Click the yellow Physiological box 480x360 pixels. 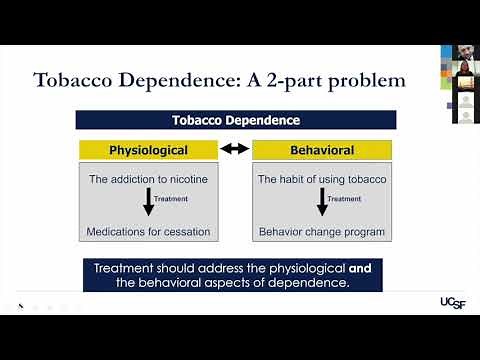148,150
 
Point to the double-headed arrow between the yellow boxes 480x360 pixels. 234,150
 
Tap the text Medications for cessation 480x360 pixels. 148,232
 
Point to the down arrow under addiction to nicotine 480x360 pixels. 148,203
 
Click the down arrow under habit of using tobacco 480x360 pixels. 322,203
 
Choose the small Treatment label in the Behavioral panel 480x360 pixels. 345,199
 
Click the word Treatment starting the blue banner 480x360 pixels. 125,269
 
